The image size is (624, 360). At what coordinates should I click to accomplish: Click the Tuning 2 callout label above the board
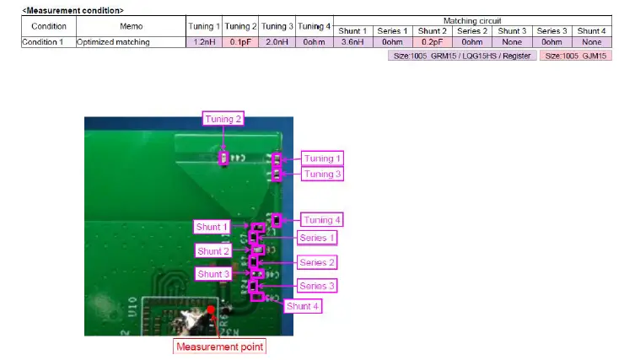point(223,119)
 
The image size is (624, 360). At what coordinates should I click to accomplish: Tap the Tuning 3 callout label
point(319,174)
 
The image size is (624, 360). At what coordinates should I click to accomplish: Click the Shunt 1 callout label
point(212,227)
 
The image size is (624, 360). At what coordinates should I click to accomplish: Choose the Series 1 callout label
point(317,238)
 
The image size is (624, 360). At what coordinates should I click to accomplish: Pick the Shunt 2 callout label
point(213,251)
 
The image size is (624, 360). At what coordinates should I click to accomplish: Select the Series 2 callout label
point(317,263)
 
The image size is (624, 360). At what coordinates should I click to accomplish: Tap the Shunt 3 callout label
point(213,274)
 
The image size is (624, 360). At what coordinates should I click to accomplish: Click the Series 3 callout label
point(317,287)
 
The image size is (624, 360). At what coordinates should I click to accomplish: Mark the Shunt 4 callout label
point(303,306)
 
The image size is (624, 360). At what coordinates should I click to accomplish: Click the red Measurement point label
point(219,346)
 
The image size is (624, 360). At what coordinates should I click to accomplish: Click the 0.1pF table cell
point(241,41)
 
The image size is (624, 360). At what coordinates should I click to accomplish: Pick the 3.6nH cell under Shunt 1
point(353,41)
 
